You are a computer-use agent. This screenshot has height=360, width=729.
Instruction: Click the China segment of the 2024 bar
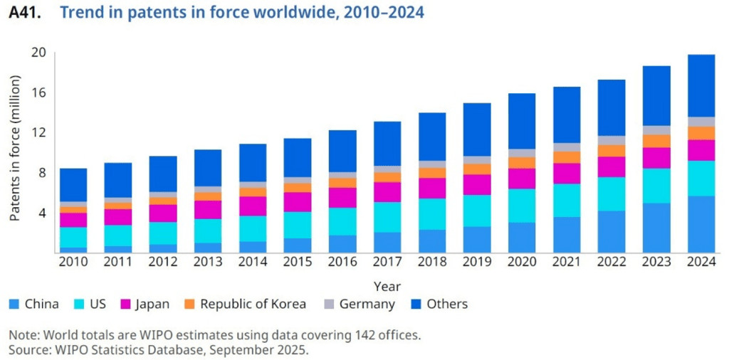[x=701, y=224]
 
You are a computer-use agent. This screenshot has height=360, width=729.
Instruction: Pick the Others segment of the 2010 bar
[x=73, y=185]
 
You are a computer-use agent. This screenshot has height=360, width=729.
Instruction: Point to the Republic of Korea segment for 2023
[x=657, y=141]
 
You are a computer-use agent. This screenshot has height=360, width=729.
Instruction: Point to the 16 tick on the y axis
[x=38, y=92]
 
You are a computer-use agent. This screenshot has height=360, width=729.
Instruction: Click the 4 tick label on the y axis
[x=42, y=213]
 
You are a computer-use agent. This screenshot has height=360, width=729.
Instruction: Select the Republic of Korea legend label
[x=253, y=305]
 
